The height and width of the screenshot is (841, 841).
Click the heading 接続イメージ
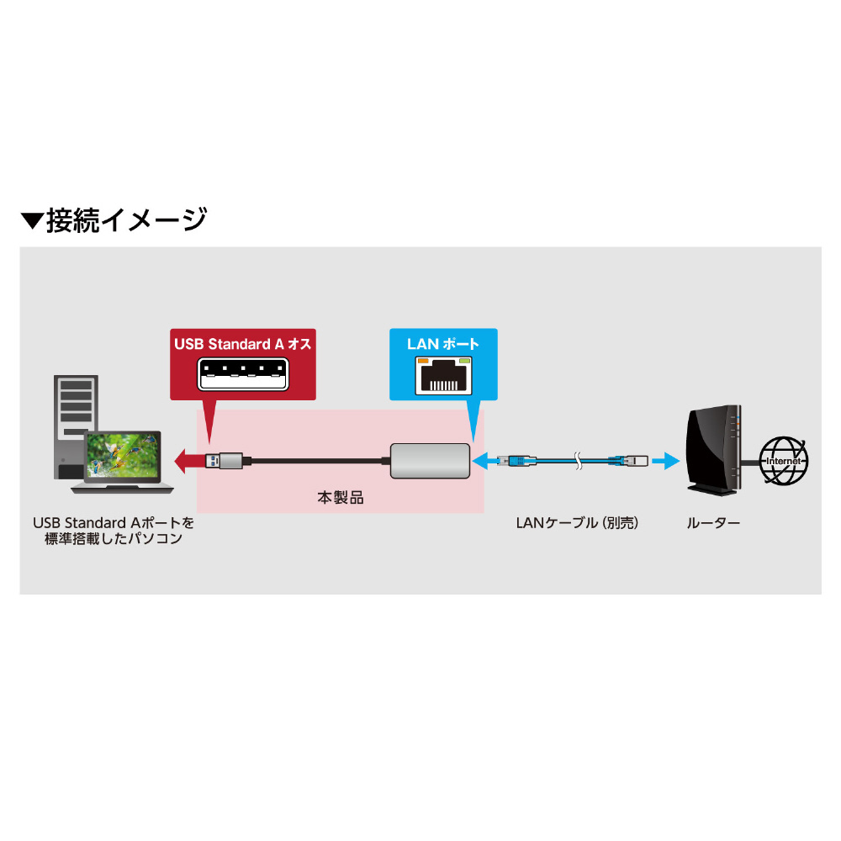(126, 220)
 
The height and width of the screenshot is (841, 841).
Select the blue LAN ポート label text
(443, 344)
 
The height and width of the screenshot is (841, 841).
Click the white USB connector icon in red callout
(242, 373)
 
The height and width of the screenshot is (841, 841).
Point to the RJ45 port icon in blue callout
(444, 376)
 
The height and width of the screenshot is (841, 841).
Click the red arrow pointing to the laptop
(188, 461)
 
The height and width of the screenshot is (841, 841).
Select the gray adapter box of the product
(430, 461)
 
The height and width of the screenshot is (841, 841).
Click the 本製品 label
(340, 498)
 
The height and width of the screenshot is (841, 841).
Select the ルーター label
(713, 523)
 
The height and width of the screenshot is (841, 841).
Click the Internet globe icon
(783, 460)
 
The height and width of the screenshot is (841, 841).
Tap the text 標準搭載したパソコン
(113, 539)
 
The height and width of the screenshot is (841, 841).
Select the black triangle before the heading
(31, 221)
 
